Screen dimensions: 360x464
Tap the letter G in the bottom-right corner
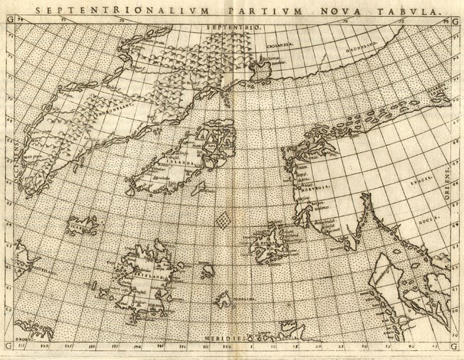click(x=455, y=347)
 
